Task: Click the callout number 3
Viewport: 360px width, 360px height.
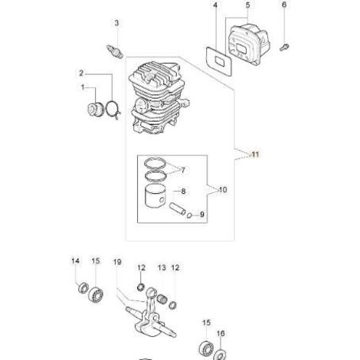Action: [116, 23]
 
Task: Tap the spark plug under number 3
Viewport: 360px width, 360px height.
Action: [114, 51]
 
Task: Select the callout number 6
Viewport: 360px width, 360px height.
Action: [284, 5]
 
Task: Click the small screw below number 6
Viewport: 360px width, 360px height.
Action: [284, 47]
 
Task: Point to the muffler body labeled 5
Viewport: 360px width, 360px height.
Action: [249, 44]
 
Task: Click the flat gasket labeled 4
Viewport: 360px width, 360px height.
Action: [219, 61]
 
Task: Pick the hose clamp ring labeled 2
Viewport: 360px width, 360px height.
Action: [113, 110]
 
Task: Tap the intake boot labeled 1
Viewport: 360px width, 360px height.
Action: [95, 110]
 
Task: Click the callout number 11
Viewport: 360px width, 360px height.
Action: [255, 154]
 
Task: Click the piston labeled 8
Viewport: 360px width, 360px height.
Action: [155, 196]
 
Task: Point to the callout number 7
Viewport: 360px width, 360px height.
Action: [183, 170]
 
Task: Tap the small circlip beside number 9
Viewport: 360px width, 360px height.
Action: [189, 216]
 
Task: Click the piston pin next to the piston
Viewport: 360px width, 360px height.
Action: [177, 208]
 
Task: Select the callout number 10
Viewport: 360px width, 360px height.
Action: [223, 190]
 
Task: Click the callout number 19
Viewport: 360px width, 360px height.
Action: [117, 262]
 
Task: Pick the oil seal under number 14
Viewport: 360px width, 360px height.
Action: [83, 288]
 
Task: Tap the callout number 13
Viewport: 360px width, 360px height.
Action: [162, 268]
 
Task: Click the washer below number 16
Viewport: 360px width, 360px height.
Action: [220, 355]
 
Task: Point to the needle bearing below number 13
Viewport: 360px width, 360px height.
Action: [161, 298]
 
